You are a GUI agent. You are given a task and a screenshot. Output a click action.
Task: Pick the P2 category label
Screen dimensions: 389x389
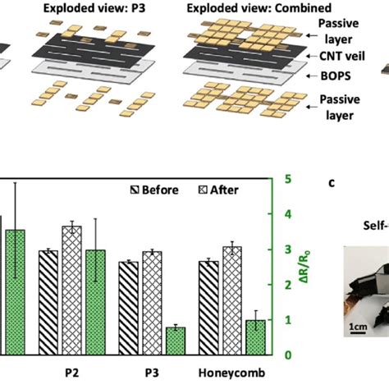coord(71,372)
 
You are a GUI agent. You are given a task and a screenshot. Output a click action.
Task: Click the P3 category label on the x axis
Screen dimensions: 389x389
coord(151,372)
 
